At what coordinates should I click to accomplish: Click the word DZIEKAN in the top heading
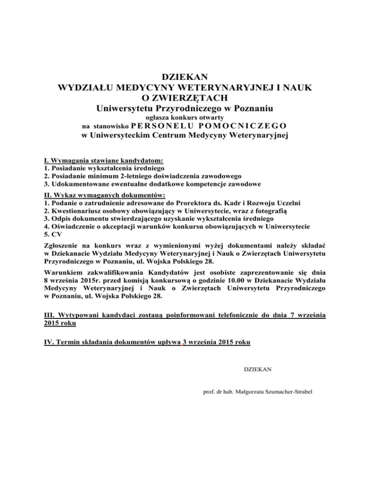185,76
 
